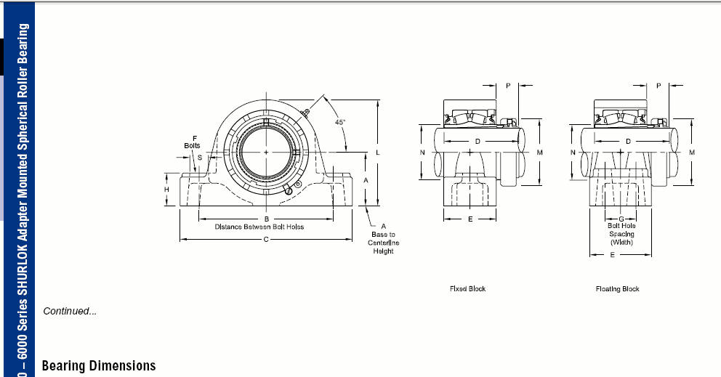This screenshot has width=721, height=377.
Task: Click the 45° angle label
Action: coord(340,122)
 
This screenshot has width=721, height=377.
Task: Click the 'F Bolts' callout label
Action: coord(192,142)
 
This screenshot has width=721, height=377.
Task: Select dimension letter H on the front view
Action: coord(166,190)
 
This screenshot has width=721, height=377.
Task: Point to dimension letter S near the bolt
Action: coord(200,157)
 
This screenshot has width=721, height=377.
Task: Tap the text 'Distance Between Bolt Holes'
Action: coord(259,227)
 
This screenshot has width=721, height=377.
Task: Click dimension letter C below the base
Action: coord(266,240)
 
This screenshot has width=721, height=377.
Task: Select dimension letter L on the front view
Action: coord(378,153)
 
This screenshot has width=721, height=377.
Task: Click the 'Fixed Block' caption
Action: coord(467,288)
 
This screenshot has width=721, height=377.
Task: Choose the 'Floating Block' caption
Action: coord(618,288)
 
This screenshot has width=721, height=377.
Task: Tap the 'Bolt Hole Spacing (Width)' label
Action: coord(621,234)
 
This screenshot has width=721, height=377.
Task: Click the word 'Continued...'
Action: coord(70,311)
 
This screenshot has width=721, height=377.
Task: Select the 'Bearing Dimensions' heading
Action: coord(99,366)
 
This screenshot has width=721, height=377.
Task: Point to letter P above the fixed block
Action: coord(508,86)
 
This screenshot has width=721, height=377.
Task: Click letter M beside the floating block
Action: coord(692,152)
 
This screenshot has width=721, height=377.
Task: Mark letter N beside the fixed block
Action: coord(422,152)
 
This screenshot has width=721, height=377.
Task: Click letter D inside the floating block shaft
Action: coord(628,141)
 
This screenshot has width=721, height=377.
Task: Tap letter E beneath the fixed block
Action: coord(470,219)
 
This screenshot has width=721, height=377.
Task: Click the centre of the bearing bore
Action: coord(266,152)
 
